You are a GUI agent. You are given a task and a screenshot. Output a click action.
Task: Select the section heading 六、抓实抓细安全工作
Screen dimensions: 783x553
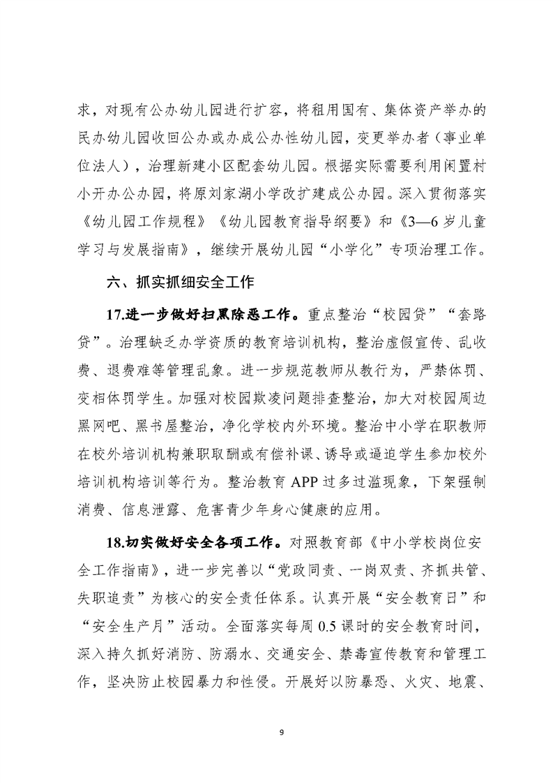point(179,283)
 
